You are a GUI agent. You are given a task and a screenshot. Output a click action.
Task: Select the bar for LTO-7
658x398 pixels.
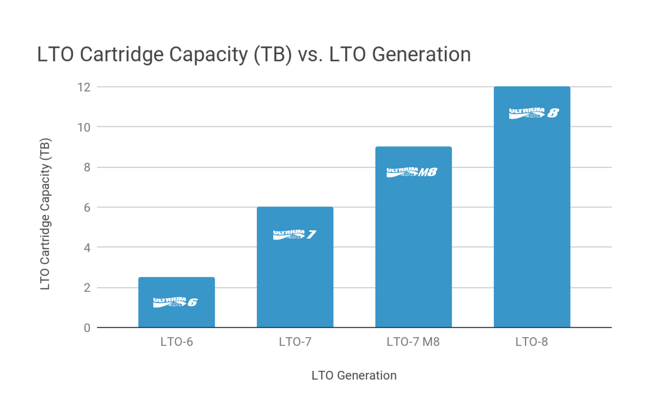tap(295, 276)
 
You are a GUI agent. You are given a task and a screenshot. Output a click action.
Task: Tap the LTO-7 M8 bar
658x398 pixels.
tap(413, 247)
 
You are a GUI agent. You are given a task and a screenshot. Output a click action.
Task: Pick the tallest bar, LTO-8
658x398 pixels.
tap(532, 218)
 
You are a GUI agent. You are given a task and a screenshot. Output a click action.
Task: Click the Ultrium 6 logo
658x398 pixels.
tap(175, 302)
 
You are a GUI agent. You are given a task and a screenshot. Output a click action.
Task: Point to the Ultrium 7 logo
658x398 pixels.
tap(294, 234)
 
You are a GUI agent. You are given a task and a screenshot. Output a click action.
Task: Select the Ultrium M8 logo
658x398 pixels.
tap(412, 172)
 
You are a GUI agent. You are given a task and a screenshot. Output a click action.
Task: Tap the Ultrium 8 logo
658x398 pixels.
tap(534, 113)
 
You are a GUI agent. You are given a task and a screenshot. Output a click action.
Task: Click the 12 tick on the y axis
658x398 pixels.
tap(84, 87)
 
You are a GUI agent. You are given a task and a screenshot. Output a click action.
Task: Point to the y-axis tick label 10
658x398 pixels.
tap(84, 127)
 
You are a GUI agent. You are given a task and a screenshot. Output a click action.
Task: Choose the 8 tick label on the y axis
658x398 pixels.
tap(87, 167)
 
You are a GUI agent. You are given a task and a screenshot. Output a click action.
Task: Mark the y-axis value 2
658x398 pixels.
tap(87, 288)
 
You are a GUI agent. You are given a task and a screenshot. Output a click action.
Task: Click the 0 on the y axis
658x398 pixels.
tap(87, 328)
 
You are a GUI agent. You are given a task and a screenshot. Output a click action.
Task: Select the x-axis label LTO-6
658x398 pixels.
tap(176, 342)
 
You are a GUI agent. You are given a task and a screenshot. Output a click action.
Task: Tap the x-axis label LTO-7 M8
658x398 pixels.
tap(413, 342)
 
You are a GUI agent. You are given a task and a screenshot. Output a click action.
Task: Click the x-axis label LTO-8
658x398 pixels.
tap(531, 342)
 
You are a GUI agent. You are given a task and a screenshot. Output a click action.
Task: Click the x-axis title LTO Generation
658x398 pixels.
tap(354, 375)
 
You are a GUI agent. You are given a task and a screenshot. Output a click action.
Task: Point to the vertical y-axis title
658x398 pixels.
tap(45, 214)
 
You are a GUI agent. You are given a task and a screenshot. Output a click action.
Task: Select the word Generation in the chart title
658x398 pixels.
tap(421, 55)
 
